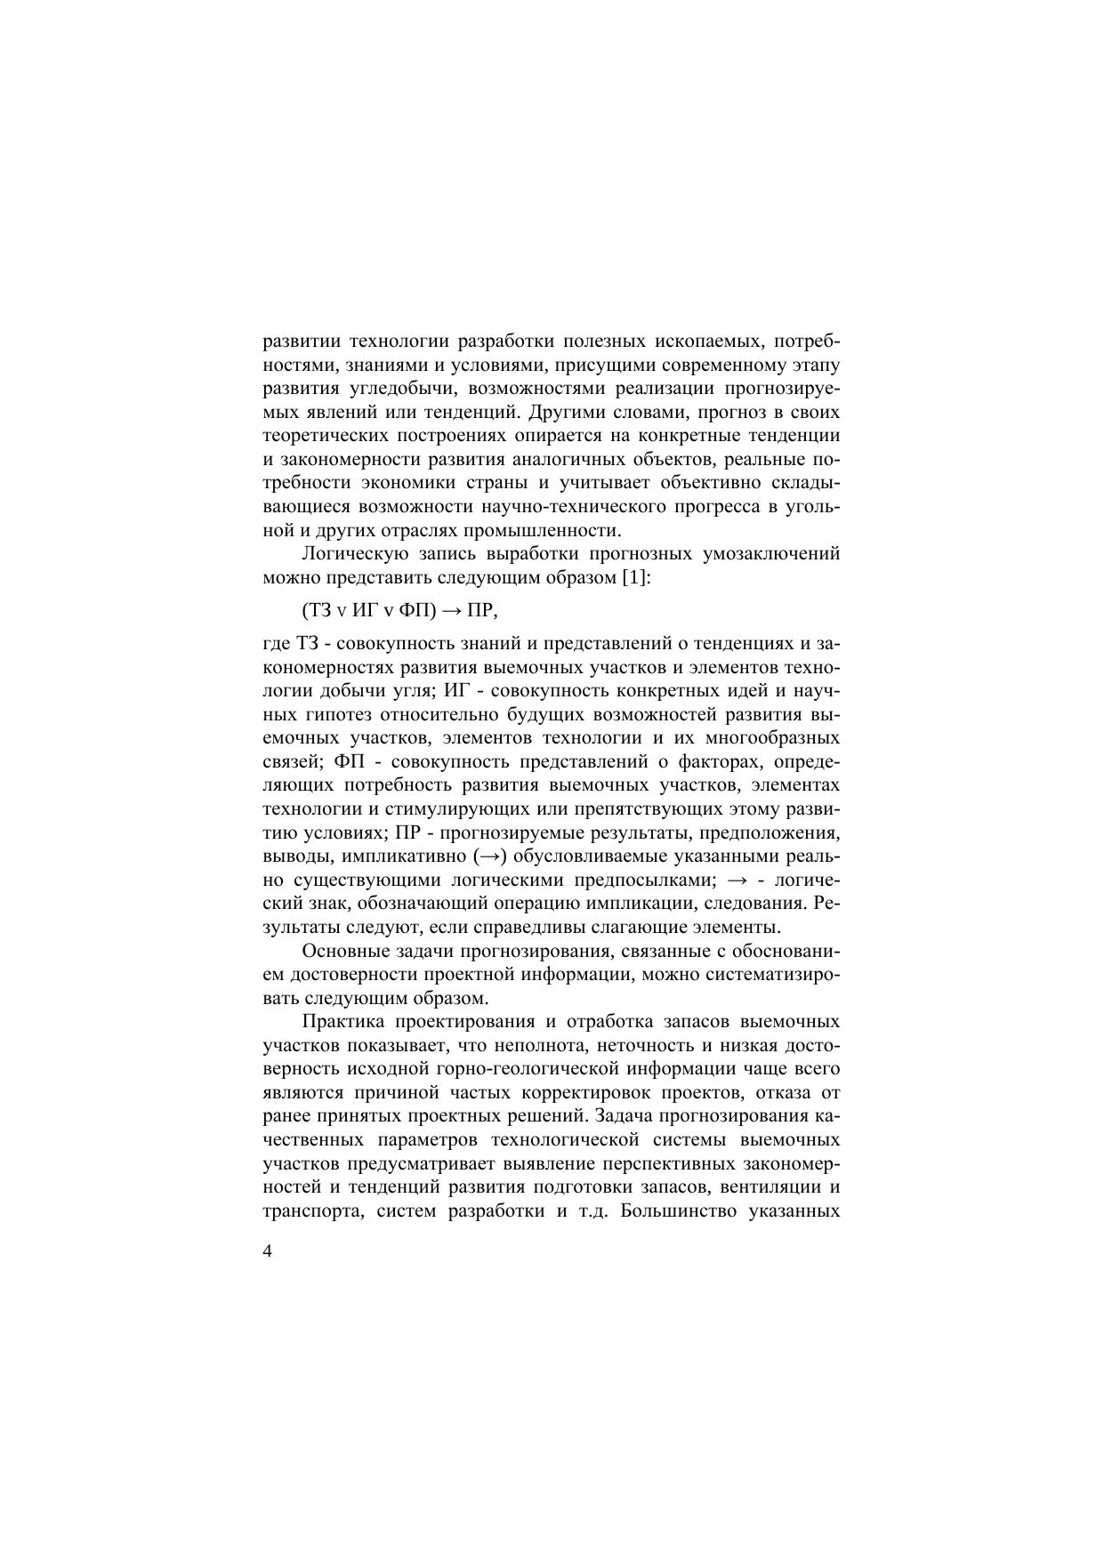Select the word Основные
pyautogui.click(x=343, y=951)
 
